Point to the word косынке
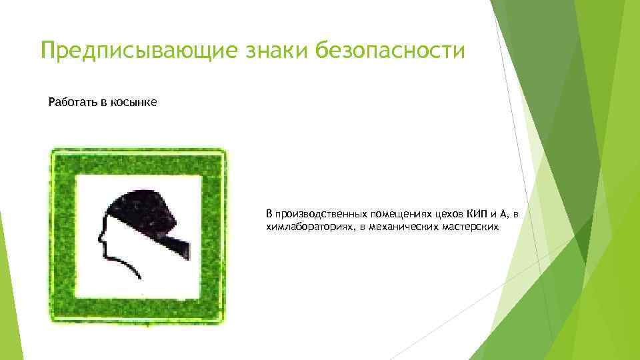click(x=136, y=103)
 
